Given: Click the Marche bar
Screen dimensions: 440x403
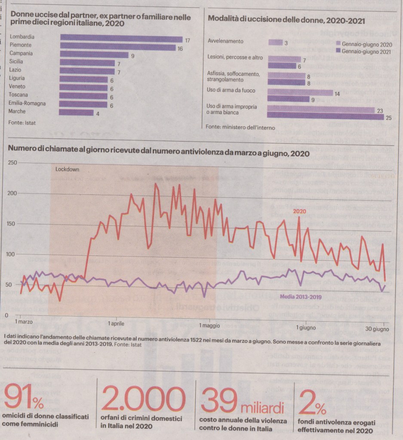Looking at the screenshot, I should pyautogui.click(x=76, y=112).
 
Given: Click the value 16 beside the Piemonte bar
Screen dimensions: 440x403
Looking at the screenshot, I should pyautogui.click(x=180, y=49).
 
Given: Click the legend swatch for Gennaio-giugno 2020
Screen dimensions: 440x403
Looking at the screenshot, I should pyautogui.click(x=338, y=44).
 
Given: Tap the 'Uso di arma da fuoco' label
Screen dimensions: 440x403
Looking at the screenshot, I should pyautogui.click(x=231, y=90).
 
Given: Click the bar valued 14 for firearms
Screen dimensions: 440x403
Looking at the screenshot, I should pyautogui.click(x=300, y=92).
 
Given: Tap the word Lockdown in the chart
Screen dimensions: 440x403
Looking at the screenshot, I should pyautogui.click(x=68, y=169).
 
